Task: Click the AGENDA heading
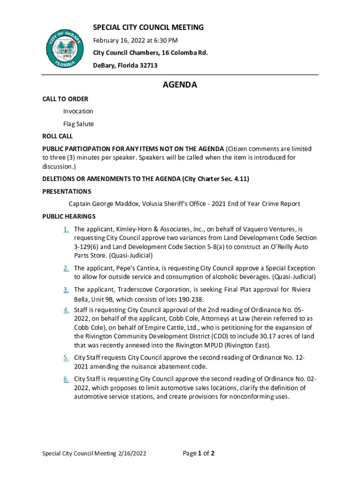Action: pyautogui.click(x=180, y=85)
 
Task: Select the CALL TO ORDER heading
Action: pyautogui.click(x=65, y=99)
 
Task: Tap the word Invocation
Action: pyautogui.click(x=78, y=111)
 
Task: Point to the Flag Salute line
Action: pyautogui.click(x=79, y=124)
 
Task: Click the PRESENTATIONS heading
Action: pyautogui.click(x=66, y=191)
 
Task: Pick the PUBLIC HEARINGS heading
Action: pyautogui.click(x=69, y=216)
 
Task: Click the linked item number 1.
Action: pyautogui.click(x=66, y=229)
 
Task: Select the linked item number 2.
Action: pyautogui.click(x=66, y=268)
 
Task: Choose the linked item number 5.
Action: pyautogui.click(x=66, y=358)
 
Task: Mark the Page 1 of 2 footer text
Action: pyautogui.click(x=199, y=453)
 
